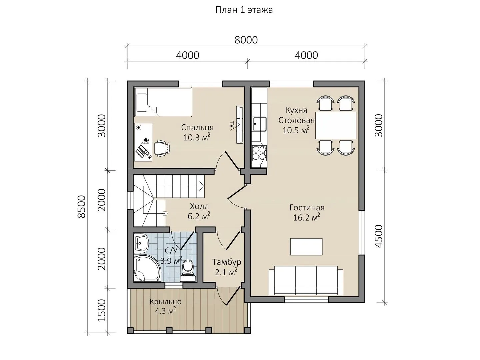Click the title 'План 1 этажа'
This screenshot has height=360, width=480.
tap(244, 10)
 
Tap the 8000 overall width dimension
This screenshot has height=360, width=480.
tap(246, 40)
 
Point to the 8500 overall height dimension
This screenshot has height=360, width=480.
tap(81, 207)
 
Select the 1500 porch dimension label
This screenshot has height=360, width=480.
tap(101, 310)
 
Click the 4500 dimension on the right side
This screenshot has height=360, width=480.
tap(379, 236)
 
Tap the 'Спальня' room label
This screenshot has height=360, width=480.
tap(197, 127)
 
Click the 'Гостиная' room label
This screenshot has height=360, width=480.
tap(307, 207)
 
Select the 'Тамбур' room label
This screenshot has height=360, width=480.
tap(227, 262)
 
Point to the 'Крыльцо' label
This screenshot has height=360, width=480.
tap(166, 302)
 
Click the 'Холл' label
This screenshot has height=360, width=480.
tap(199, 206)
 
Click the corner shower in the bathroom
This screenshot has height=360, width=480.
tap(147, 268)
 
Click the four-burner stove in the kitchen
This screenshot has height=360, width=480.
tap(259, 153)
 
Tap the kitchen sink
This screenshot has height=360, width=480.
tap(260, 124)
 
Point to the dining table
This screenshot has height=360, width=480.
tap(335, 125)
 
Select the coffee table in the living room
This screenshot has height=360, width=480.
tap(306, 247)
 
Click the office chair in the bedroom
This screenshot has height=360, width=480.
tap(162, 148)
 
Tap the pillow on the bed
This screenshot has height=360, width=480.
tap(141, 103)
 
